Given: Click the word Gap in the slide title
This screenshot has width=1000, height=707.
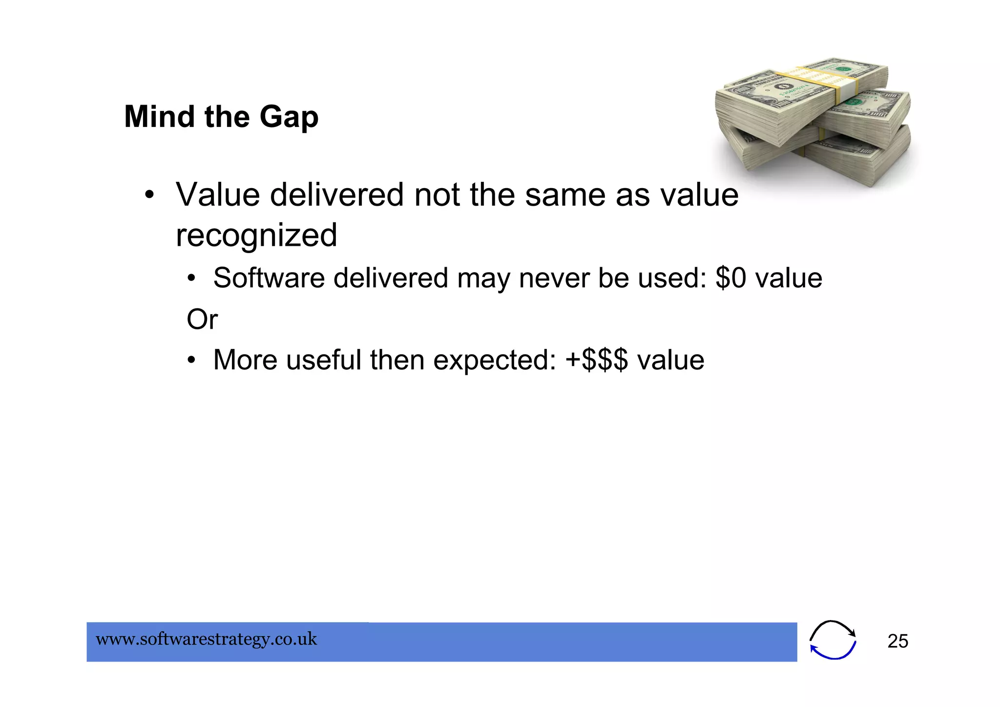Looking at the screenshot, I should click(x=289, y=117).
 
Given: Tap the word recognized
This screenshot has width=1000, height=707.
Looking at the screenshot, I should click(x=256, y=236).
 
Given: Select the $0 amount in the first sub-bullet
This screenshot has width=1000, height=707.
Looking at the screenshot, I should click(x=731, y=278).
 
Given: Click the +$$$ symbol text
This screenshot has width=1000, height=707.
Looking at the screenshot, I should click(x=597, y=360).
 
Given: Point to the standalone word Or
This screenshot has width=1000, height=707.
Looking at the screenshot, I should click(x=202, y=320).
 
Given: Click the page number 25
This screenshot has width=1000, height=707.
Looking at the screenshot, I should click(x=897, y=641).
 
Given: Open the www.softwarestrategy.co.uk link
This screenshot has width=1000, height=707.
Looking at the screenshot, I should click(x=207, y=639).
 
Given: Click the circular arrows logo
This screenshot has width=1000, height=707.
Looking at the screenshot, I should click(x=833, y=640).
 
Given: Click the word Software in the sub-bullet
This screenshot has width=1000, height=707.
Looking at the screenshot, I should click(x=269, y=278).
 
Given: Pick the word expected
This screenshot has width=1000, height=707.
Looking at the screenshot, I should click(x=495, y=360).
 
